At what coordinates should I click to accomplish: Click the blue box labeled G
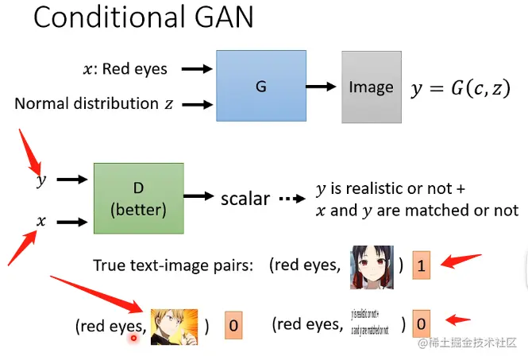[x=260, y=86]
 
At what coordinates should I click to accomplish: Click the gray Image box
[x=371, y=87]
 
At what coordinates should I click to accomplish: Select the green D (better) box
[x=138, y=198]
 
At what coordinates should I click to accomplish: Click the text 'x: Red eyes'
[x=125, y=69]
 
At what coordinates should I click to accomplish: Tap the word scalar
[x=245, y=198]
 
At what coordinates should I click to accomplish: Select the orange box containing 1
[x=422, y=265]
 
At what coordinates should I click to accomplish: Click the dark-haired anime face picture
[x=371, y=266]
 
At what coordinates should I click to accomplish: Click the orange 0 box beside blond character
[x=233, y=325]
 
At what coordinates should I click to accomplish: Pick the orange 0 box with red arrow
[x=422, y=323]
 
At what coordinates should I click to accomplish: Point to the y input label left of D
[x=41, y=180]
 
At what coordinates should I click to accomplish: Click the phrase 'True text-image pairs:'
[x=173, y=265]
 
